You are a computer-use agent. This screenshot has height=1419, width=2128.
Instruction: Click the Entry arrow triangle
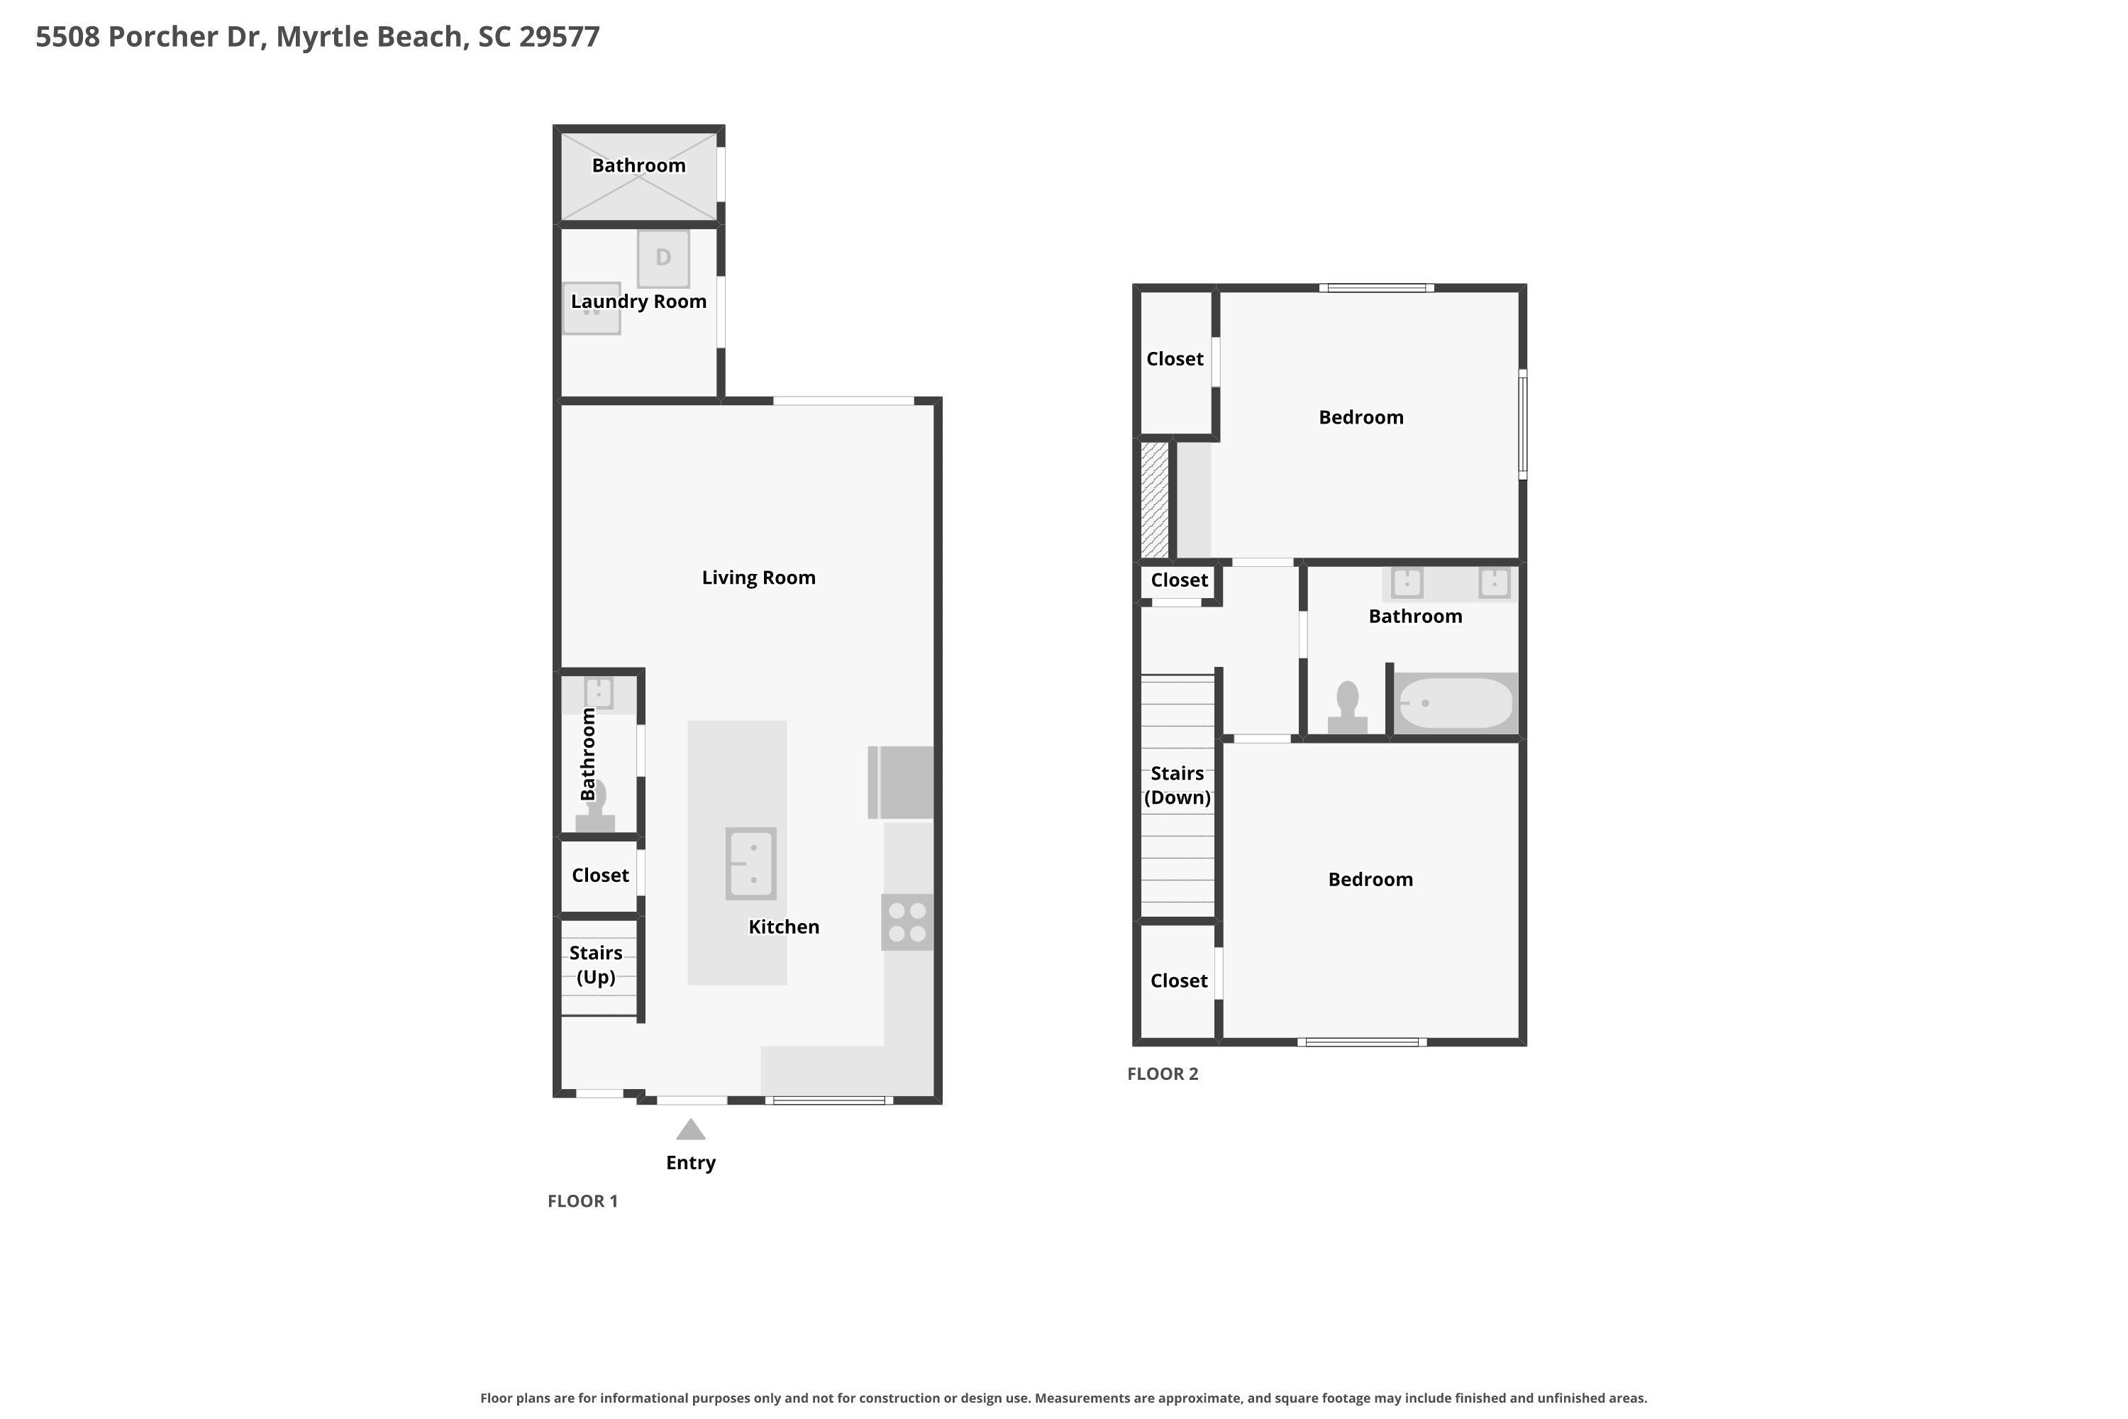click(x=690, y=1130)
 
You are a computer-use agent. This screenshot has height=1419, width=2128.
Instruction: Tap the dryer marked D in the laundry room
click(x=663, y=259)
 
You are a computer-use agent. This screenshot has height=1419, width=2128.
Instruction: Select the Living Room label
click(x=758, y=578)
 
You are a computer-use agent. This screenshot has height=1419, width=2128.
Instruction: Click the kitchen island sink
click(x=751, y=863)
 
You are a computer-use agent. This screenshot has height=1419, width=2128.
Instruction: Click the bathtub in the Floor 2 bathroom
click(x=1456, y=703)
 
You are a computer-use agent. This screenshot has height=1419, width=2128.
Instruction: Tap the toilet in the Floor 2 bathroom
click(x=1347, y=707)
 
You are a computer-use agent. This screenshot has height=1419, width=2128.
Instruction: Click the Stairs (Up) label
click(x=595, y=965)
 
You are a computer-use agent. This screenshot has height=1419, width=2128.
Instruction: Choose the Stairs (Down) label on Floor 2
click(x=1177, y=785)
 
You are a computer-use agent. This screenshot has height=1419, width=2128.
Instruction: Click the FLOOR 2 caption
click(x=1163, y=1074)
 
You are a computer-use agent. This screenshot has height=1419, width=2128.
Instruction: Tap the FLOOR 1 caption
click(x=582, y=1201)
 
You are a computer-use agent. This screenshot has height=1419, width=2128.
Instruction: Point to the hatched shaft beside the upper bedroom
click(x=1155, y=499)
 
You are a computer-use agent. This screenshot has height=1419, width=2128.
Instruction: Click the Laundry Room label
click(x=639, y=302)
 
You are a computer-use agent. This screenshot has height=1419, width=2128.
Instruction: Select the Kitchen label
click(x=784, y=927)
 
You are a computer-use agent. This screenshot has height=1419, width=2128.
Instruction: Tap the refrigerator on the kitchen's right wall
click(x=901, y=783)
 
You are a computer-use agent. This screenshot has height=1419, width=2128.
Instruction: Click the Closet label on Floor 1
click(x=600, y=875)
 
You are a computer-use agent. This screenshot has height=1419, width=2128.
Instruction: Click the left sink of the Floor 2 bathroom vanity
click(x=1407, y=582)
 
